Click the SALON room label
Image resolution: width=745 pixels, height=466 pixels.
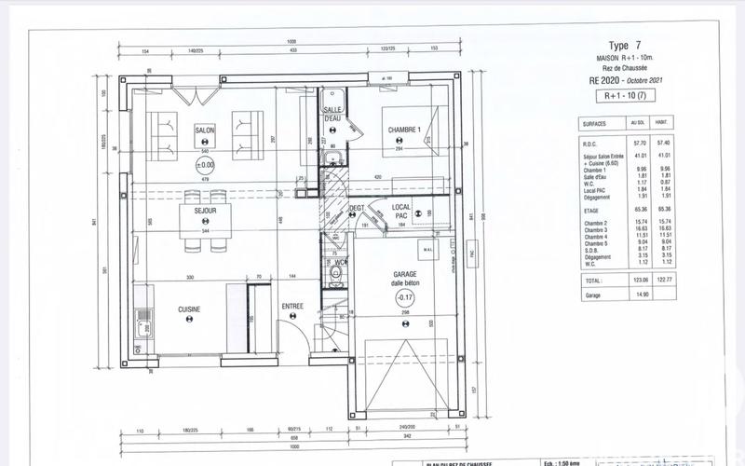(205, 130)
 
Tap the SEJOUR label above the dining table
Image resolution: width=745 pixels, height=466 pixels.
(205, 212)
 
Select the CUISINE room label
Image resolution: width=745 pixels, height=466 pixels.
(191, 308)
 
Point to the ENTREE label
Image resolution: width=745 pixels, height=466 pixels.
(293, 307)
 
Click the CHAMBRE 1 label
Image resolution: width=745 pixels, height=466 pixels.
(405, 130)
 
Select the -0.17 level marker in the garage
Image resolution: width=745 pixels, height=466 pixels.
(404, 298)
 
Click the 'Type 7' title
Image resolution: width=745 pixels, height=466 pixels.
(624, 45)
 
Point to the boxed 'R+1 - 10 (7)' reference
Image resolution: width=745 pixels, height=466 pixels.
(625, 95)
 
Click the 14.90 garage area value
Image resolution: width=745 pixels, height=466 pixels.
(639, 294)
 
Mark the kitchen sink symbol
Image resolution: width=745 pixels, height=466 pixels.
(142, 327)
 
